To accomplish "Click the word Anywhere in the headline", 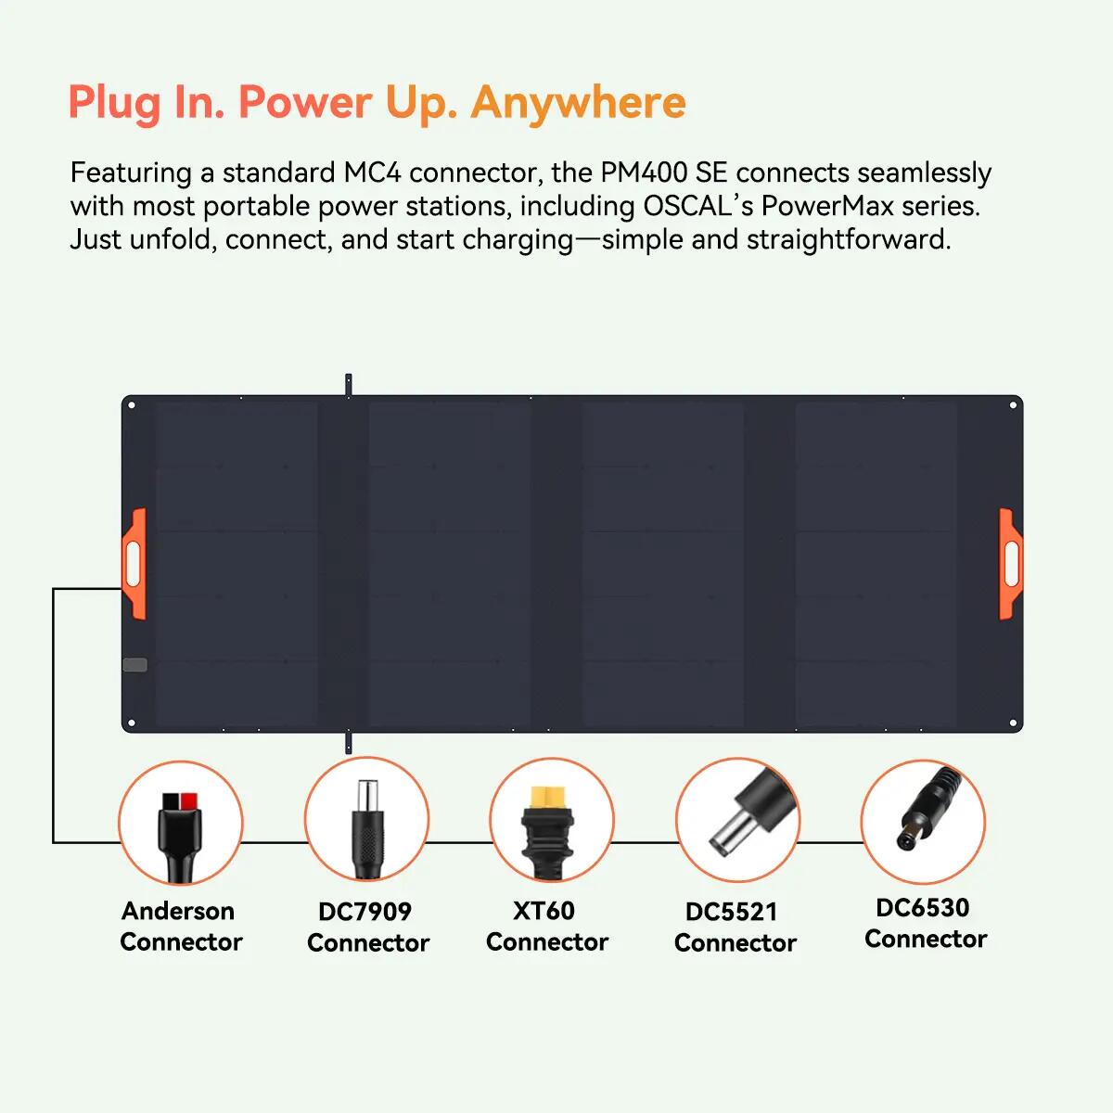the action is pos(578,103).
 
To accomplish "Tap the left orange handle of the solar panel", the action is pos(134,564).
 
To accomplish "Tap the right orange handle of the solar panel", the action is pos(1011,564).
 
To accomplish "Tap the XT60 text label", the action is pos(544,911).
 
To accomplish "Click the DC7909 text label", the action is pos(365,912).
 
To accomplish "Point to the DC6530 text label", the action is pos(922,907).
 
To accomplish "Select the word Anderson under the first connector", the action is pos(178,911).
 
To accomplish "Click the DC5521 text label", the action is pos(731,912).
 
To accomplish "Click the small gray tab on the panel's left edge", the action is pos(135,665).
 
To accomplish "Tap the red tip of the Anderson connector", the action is pos(189,801).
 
